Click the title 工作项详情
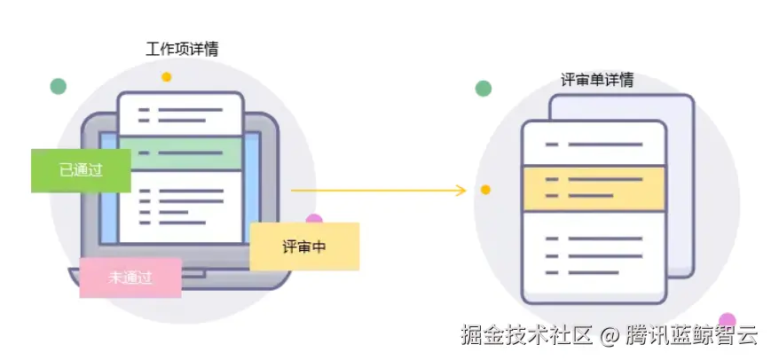click(x=182, y=50)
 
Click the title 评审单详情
click(x=597, y=80)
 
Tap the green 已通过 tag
click(x=81, y=170)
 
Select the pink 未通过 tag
click(x=130, y=278)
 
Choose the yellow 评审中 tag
click(x=304, y=247)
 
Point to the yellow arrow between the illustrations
click(x=377, y=190)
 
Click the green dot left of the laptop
click(x=59, y=86)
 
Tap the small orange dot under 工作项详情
click(x=166, y=77)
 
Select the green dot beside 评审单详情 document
click(x=484, y=88)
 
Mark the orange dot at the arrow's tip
click(x=485, y=190)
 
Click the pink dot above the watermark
click(x=728, y=319)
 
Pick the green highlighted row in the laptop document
click(x=181, y=153)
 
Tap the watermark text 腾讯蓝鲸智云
click(x=691, y=336)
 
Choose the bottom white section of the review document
click(x=594, y=256)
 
